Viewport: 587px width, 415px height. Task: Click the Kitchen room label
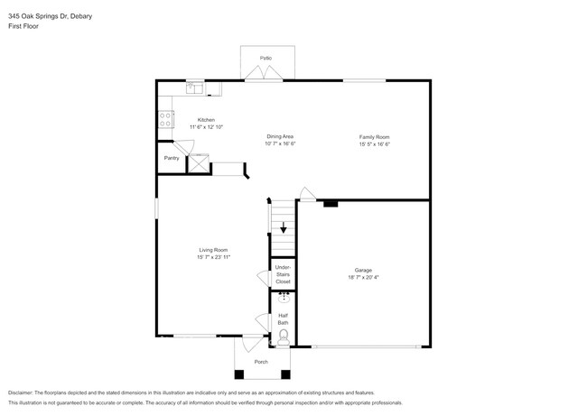(x=206, y=120)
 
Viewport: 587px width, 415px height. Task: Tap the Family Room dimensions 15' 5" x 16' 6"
(x=375, y=144)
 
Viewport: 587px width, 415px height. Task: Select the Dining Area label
(x=280, y=136)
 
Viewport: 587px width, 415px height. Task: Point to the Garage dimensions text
(x=363, y=277)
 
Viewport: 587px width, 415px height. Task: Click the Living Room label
(x=213, y=250)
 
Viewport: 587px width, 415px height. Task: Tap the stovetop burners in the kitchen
(x=165, y=119)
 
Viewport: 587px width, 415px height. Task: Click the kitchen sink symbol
(x=195, y=88)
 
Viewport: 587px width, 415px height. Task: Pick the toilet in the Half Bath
(x=283, y=338)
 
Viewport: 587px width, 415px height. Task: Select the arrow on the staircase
(x=284, y=227)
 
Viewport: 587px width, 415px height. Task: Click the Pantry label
(x=172, y=158)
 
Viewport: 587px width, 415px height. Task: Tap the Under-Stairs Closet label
(x=283, y=274)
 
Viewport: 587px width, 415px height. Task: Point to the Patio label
(x=266, y=58)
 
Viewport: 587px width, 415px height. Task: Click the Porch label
(x=261, y=362)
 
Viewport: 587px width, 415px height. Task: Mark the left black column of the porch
(x=239, y=374)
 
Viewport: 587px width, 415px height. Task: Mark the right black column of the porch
(x=285, y=374)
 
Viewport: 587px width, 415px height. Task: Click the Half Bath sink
(x=284, y=297)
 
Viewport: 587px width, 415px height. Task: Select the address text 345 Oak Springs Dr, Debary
(x=51, y=16)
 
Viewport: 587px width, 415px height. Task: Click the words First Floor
(x=23, y=26)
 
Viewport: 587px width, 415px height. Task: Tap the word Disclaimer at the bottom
(x=21, y=392)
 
